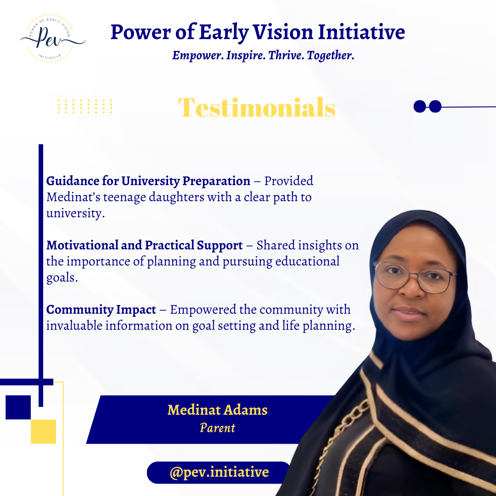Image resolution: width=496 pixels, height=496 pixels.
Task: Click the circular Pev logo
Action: click(50, 39)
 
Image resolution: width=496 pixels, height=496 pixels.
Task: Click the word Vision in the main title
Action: click(283, 32)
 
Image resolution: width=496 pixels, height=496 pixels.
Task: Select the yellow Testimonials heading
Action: click(257, 107)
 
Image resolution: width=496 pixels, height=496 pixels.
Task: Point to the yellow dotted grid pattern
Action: click(85, 106)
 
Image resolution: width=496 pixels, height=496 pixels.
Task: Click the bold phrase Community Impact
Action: click(101, 310)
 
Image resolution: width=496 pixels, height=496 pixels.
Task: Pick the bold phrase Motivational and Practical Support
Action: click(145, 245)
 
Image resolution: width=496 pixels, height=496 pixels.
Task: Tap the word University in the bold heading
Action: click(151, 181)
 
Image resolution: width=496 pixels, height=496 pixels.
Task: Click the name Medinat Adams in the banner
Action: click(218, 410)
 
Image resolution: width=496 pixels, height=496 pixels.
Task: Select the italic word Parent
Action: click(218, 428)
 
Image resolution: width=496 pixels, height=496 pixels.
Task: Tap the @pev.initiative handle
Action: click(219, 472)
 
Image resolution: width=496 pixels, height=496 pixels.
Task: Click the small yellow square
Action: click(43, 431)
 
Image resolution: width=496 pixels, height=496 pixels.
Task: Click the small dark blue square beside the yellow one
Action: click(18, 407)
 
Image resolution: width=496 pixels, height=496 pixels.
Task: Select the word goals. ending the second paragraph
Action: click(62, 278)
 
